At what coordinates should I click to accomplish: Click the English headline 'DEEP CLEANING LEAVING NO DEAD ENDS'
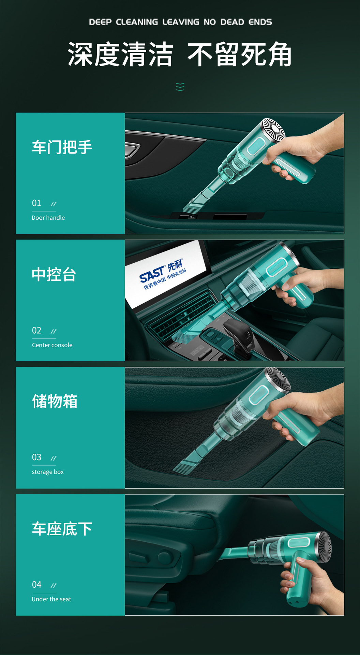pyautogui.click(x=180, y=22)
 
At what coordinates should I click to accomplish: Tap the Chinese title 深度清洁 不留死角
pyautogui.click(x=180, y=54)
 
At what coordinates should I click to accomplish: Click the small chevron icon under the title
pyautogui.click(x=180, y=87)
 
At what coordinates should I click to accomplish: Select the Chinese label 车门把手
pyautogui.click(x=62, y=147)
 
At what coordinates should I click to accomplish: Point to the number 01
pyautogui.click(x=36, y=203)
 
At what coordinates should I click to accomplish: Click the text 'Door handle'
pyautogui.click(x=48, y=218)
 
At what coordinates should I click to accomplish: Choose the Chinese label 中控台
pyautogui.click(x=54, y=274)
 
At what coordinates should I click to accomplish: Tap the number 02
pyautogui.click(x=36, y=330)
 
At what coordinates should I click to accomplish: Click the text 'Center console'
pyautogui.click(x=52, y=345)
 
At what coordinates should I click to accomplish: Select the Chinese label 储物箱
pyautogui.click(x=55, y=401)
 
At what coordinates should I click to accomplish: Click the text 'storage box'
pyautogui.click(x=48, y=472)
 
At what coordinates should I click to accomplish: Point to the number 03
pyautogui.click(x=36, y=457)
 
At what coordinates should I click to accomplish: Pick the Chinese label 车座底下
pyautogui.click(x=62, y=529)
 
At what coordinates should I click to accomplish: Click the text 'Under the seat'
pyautogui.click(x=51, y=599)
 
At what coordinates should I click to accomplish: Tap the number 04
pyautogui.click(x=36, y=584)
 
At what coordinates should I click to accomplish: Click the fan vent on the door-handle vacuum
pyautogui.click(x=273, y=130)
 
